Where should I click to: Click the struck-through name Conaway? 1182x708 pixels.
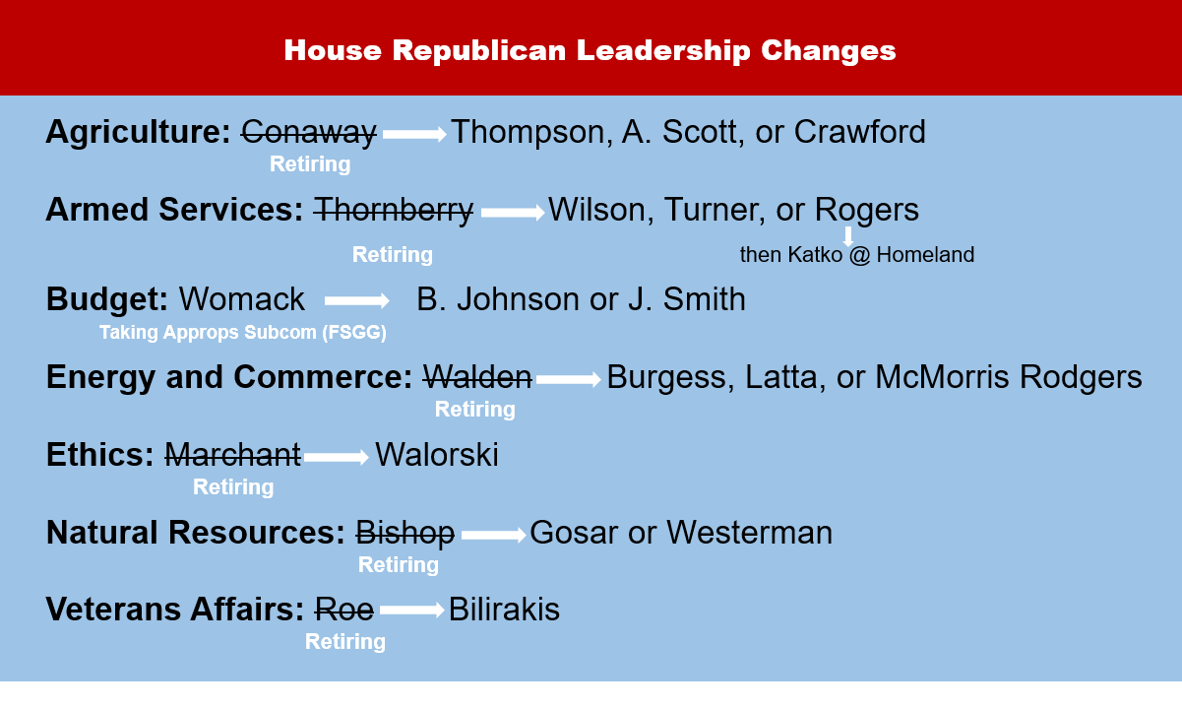[309, 132]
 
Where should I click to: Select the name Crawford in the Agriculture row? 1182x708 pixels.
[859, 132]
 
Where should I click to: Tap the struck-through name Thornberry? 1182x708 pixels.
[394, 211]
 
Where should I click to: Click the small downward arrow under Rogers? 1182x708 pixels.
[848, 236]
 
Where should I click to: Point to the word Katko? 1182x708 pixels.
[816, 255]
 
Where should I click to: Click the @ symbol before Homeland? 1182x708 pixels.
[859, 256]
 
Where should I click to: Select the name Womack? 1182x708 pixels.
[242, 299]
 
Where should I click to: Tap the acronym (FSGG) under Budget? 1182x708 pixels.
[354, 333]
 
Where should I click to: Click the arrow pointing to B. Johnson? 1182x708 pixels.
[356, 301]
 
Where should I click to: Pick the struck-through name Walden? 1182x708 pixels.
[477, 377]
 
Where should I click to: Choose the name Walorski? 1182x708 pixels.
[436, 455]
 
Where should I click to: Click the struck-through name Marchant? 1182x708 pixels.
[232, 455]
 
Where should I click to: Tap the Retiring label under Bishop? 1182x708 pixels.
[399, 565]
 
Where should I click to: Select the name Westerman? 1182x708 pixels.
[749, 532]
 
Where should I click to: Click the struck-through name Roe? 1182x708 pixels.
[344, 610]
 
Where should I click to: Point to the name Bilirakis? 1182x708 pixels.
[504, 610]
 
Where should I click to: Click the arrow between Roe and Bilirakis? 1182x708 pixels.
[411, 611]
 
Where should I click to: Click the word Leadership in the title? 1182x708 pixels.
[663, 51]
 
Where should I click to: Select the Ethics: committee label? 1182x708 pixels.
[100, 455]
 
